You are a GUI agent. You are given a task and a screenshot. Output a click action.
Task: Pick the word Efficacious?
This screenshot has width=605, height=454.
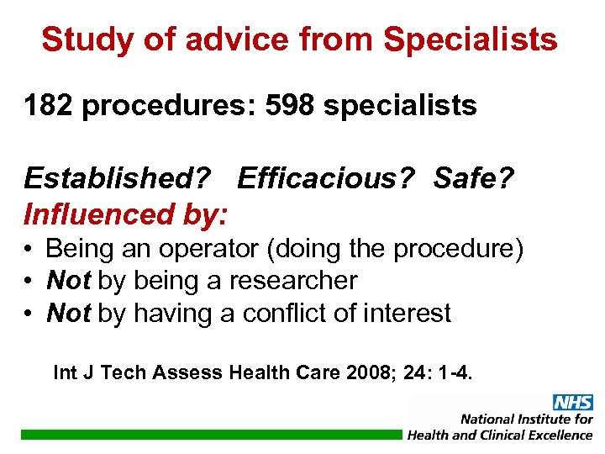[329, 178]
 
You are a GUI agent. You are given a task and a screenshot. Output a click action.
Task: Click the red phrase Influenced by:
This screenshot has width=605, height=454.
[125, 214]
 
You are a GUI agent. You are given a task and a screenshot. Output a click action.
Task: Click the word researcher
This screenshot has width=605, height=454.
[289, 281]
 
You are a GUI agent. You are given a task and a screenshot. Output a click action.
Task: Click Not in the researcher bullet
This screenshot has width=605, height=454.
[69, 281]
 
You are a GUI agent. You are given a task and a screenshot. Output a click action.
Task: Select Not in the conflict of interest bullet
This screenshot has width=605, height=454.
[69, 313]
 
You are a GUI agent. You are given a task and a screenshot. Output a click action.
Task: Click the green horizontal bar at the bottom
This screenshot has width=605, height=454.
[210, 435]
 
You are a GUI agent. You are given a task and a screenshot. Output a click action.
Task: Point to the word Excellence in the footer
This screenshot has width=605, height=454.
[557, 435]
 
